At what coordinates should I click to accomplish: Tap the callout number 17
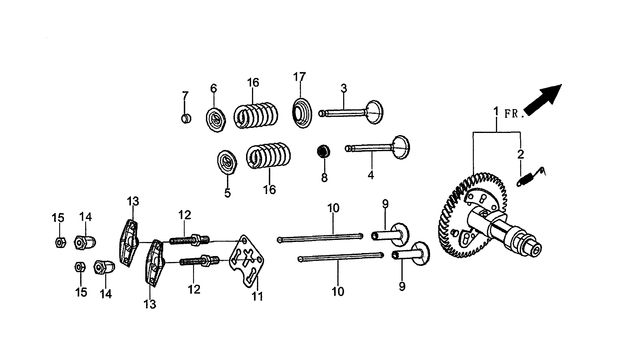click(300, 77)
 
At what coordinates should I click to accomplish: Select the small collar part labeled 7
click(186, 119)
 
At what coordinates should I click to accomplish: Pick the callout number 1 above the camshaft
click(496, 112)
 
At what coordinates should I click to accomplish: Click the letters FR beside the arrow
click(511, 114)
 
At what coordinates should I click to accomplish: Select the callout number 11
click(257, 296)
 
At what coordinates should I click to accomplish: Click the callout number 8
click(324, 178)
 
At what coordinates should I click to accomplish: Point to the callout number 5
click(227, 193)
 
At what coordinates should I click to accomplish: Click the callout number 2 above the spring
click(520, 154)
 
